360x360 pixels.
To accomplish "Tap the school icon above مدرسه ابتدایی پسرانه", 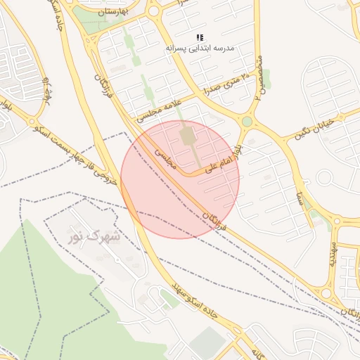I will [x=200, y=37].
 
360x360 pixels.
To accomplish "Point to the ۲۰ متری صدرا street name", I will [x=225, y=81].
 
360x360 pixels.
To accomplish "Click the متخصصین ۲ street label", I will [x=259, y=77].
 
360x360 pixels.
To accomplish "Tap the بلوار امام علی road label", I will [x=223, y=161].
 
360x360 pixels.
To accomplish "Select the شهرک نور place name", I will [x=94, y=236].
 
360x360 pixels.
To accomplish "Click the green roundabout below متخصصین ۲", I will [x=247, y=122].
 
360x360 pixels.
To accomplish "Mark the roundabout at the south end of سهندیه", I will [x=326, y=293].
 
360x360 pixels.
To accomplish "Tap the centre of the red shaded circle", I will [x=180, y=179].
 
